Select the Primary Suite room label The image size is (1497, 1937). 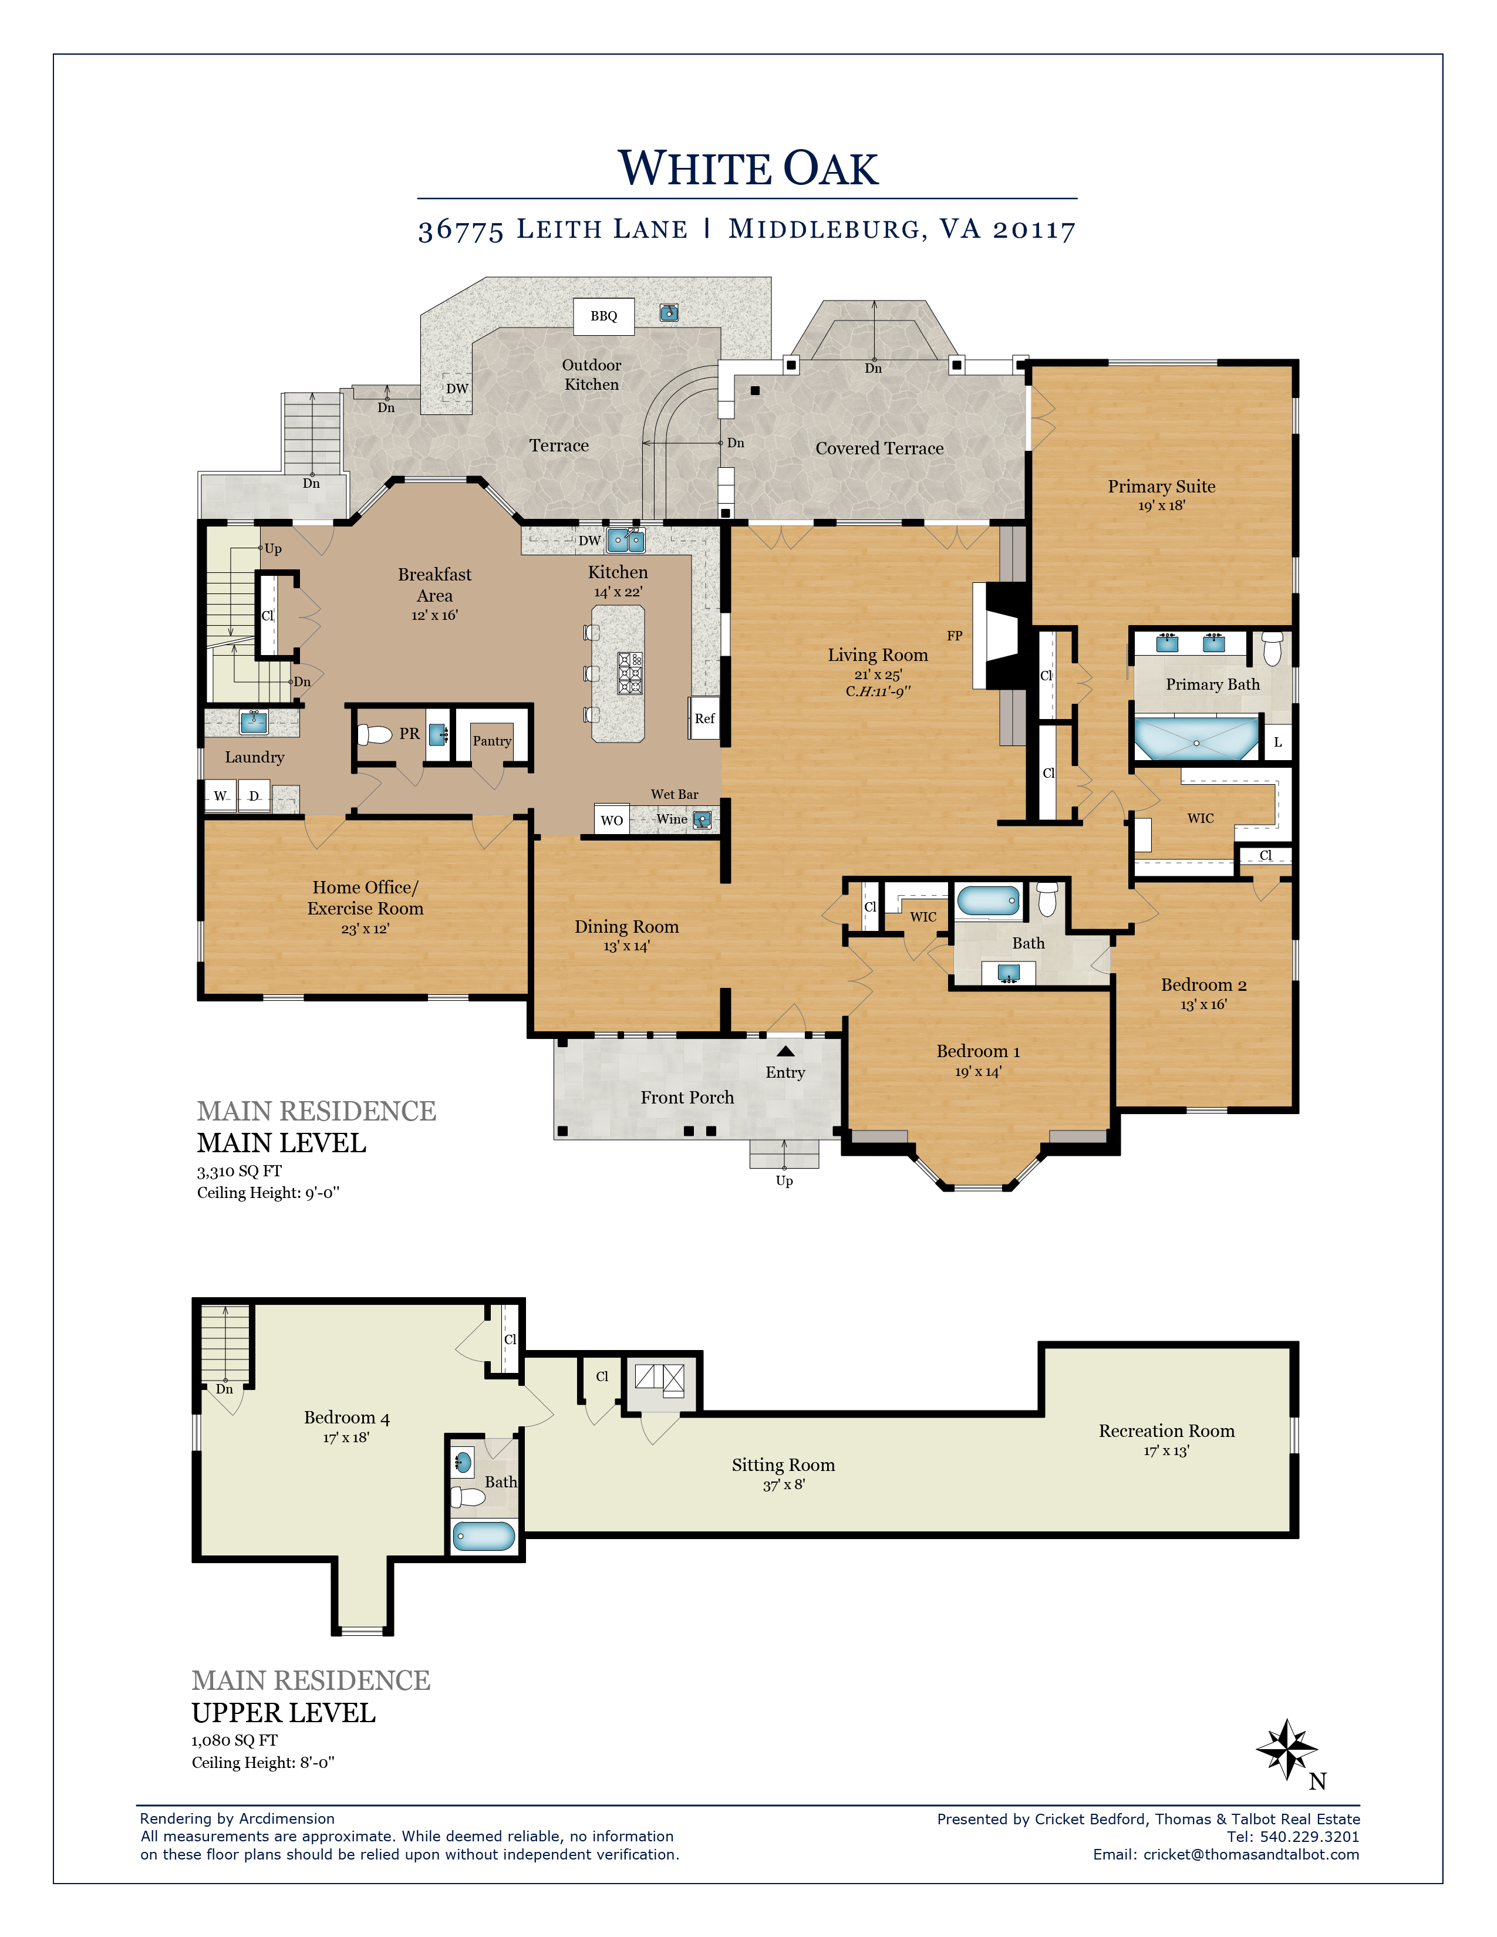(1161, 486)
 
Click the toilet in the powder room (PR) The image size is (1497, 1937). (375, 734)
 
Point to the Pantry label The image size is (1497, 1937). (492, 741)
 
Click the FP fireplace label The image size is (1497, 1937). (954, 635)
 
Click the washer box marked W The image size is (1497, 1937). (221, 795)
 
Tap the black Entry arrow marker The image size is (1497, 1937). (785, 1051)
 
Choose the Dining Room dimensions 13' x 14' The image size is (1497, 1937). (626, 946)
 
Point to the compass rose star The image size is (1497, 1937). (1287, 1749)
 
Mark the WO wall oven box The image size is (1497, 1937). (611, 819)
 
